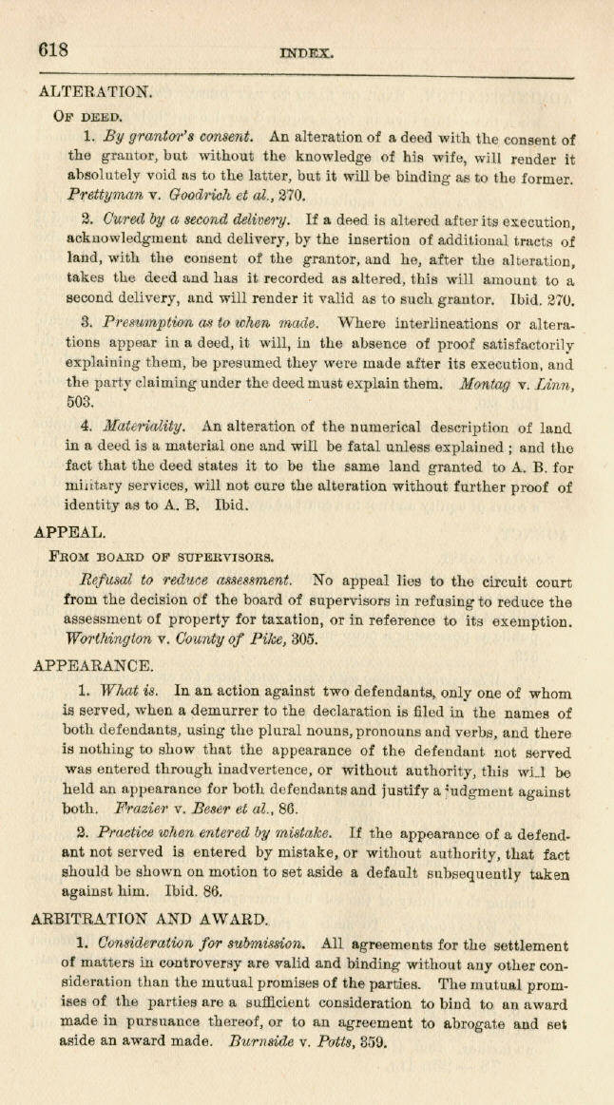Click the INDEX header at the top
(307, 55)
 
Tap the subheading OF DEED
(85, 117)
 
